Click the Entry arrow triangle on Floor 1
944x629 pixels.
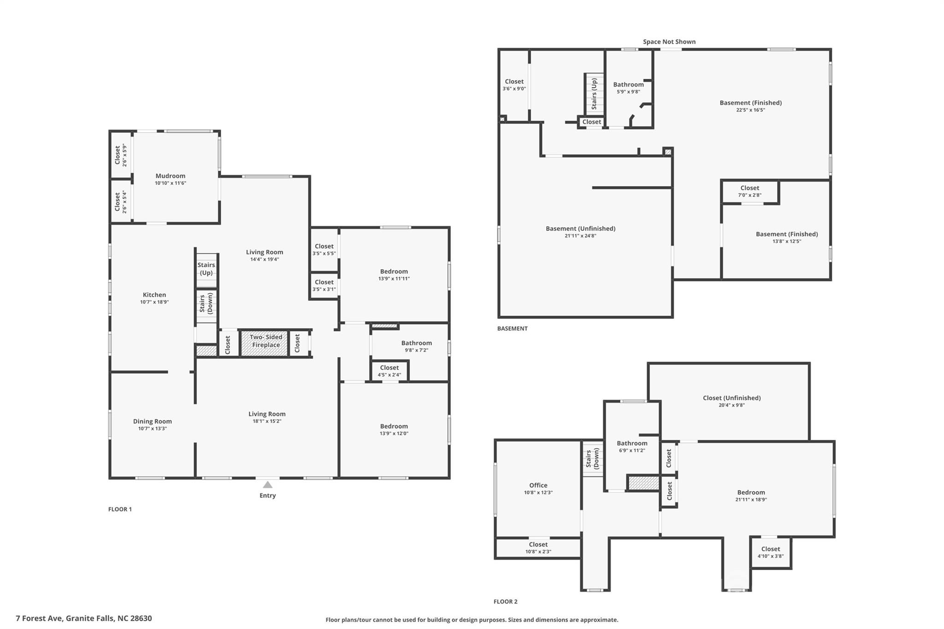point(267,484)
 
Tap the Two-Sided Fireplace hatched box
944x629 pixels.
point(265,343)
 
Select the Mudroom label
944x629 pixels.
point(171,176)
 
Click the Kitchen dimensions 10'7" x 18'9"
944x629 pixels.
point(154,302)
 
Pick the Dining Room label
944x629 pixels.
point(153,421)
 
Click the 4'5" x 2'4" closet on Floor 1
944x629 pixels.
point(389,371)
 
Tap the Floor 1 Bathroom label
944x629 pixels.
point(417,343)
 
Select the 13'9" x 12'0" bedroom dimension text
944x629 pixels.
point(394,434)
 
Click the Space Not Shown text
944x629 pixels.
point(669,41)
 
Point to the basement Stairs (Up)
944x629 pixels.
point(594,94)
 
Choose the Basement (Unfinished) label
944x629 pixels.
point(581,229)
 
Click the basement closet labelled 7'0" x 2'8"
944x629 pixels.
point(750,191)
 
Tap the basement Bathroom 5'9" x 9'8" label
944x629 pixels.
point(629,88)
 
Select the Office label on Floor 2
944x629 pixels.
point(538,485)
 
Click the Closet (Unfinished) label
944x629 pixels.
point(732,398)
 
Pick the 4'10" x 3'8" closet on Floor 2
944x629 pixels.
point(771,553)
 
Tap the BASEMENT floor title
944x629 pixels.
point(513,329)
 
